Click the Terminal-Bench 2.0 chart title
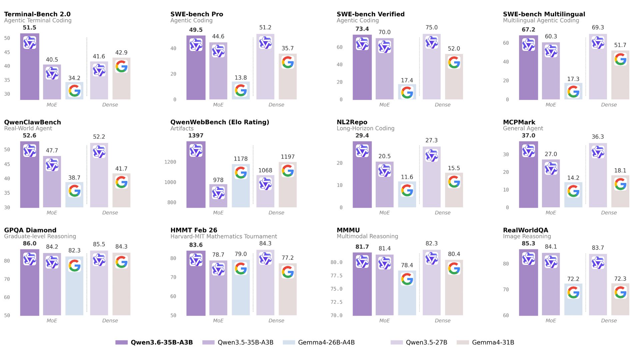coord(37,14)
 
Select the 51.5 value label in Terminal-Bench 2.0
coord(29,28)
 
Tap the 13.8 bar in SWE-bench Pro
coord(241,91)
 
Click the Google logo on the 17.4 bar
coord(407,93)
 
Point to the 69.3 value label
coord(598,27)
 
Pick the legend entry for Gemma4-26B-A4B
coord(319,342)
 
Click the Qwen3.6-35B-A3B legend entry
coord(154,342)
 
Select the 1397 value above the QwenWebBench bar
coord(196,136)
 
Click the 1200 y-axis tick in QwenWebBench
coord(170,162)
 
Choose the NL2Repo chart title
coord(352,122)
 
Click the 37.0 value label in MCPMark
coord(528,136)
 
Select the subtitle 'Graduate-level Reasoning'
coord(40,236)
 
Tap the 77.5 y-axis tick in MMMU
coord(336,276)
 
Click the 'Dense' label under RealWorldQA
coord(609,321)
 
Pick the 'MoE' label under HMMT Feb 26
coord(218,321)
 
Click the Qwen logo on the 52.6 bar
coord(30,151)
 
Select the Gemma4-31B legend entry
coord(486,342)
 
